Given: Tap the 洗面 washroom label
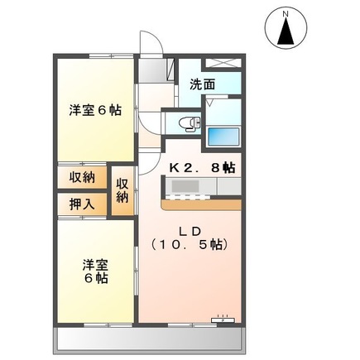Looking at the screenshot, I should (203, 84).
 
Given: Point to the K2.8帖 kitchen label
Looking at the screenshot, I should (202, 167).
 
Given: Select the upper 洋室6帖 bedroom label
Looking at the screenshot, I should (94, 110).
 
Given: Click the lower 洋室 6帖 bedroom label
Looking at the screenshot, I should (94, 272).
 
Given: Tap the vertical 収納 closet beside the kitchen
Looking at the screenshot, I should (122, 190).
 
